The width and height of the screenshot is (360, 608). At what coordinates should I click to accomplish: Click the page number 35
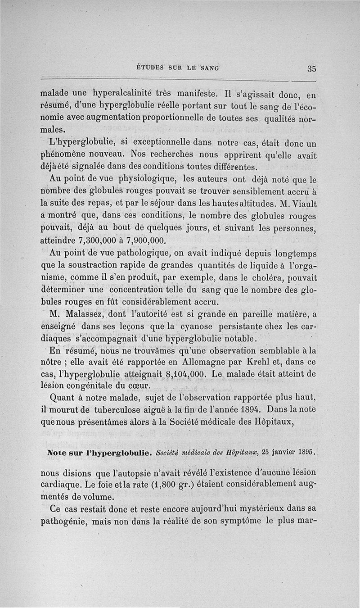coord(312,69)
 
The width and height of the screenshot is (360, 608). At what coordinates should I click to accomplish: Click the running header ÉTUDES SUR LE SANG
coord(177,68)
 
